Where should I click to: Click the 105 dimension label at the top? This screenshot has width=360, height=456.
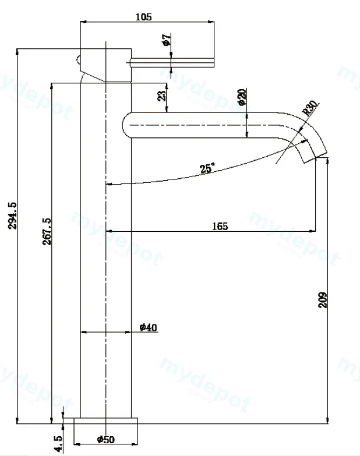click(x=144, y=17)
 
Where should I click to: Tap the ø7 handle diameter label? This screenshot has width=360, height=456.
click(x=167, y=40)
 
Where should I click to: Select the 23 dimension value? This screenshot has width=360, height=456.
click(x=162, y=96)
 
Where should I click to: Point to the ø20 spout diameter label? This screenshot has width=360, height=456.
click(x=242, y=97)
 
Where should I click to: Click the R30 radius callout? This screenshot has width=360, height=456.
click(x=310, y=108)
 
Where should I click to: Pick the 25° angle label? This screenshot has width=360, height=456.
click(x=207, y=168)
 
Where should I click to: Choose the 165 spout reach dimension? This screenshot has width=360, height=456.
click(x=220, y=226)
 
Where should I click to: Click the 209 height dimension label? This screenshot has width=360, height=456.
click(x=323, y=300)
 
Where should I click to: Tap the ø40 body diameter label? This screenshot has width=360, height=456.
click(x=149, y=327)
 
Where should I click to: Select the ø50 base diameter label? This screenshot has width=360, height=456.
click(x=106, y=439)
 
